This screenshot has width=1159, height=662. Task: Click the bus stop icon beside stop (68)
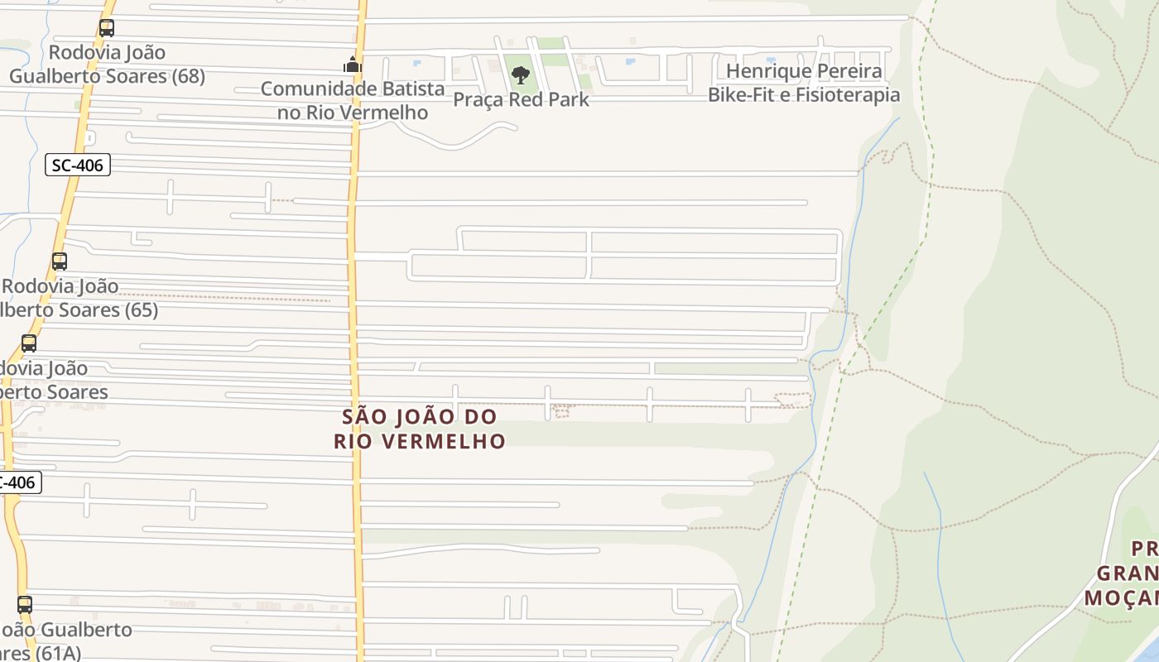click(x=107, y=28)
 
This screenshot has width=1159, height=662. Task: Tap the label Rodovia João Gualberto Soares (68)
click(x=107, y=65)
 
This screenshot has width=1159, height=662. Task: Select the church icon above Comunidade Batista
click(x=353, y=64)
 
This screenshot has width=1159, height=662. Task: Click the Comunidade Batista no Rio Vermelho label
click(x=353, y=100)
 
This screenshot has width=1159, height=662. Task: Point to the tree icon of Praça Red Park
click(x=520, y=76)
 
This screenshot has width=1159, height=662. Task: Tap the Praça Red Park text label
click(x=521, y=100)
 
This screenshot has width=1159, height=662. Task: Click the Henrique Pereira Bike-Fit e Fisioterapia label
click(x=803, y=83)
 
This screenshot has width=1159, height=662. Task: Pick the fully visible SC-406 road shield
click(x=77, y=165)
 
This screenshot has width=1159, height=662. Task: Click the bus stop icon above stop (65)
click(x=60, y=261)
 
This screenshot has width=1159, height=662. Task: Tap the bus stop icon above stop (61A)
click(x=25, y=605)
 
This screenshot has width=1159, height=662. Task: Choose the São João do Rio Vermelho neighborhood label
click(x=420, y=429)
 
